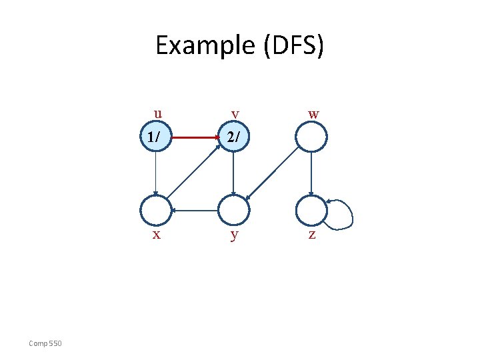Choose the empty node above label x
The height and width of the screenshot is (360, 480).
(155, 211)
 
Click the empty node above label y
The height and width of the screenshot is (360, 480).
(233, 211)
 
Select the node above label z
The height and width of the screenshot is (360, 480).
(311, 211)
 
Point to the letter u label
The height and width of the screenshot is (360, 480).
(157, 113)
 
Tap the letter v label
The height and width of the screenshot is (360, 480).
(234, 115)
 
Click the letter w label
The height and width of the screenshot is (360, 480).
(313, 115)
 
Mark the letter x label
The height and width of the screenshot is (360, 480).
(156, 235)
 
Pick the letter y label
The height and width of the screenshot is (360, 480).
(233, 235)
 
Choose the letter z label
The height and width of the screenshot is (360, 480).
(312, 235)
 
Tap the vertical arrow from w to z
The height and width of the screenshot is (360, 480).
(311, 174)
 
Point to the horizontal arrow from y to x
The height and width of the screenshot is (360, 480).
(195, 211)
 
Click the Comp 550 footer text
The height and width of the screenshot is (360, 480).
(45, 343)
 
